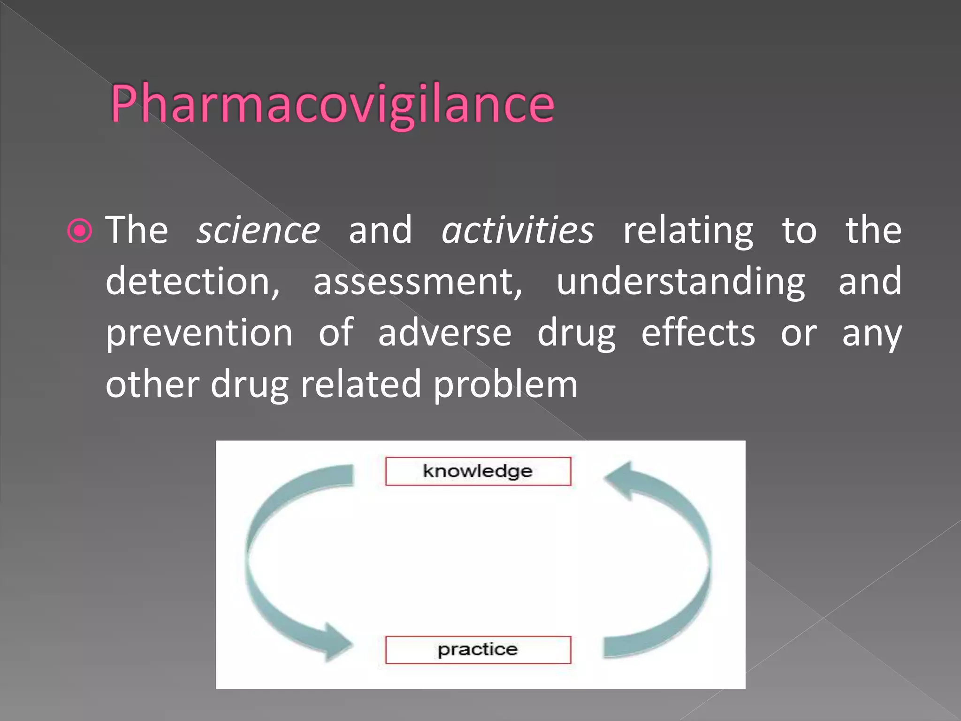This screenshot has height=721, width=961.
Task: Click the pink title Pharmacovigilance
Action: pos(332,104)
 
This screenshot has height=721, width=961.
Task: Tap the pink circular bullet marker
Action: pos(80,230)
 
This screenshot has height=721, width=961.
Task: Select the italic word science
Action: pos(259,230)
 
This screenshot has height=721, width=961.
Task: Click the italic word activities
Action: pos(518,230)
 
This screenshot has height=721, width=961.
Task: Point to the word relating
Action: pos(688,231)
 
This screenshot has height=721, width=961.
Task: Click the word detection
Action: pos(192,282)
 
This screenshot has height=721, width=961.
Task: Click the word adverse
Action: pos(445,333)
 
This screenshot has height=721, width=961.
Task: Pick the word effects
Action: pos(698,333)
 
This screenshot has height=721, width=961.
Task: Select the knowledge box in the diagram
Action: pos(478,471)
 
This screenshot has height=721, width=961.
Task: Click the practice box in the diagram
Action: pos(478,650)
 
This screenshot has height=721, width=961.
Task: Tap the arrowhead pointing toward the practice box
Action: pos(337,642)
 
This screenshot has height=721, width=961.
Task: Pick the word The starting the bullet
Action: pos(137,230)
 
